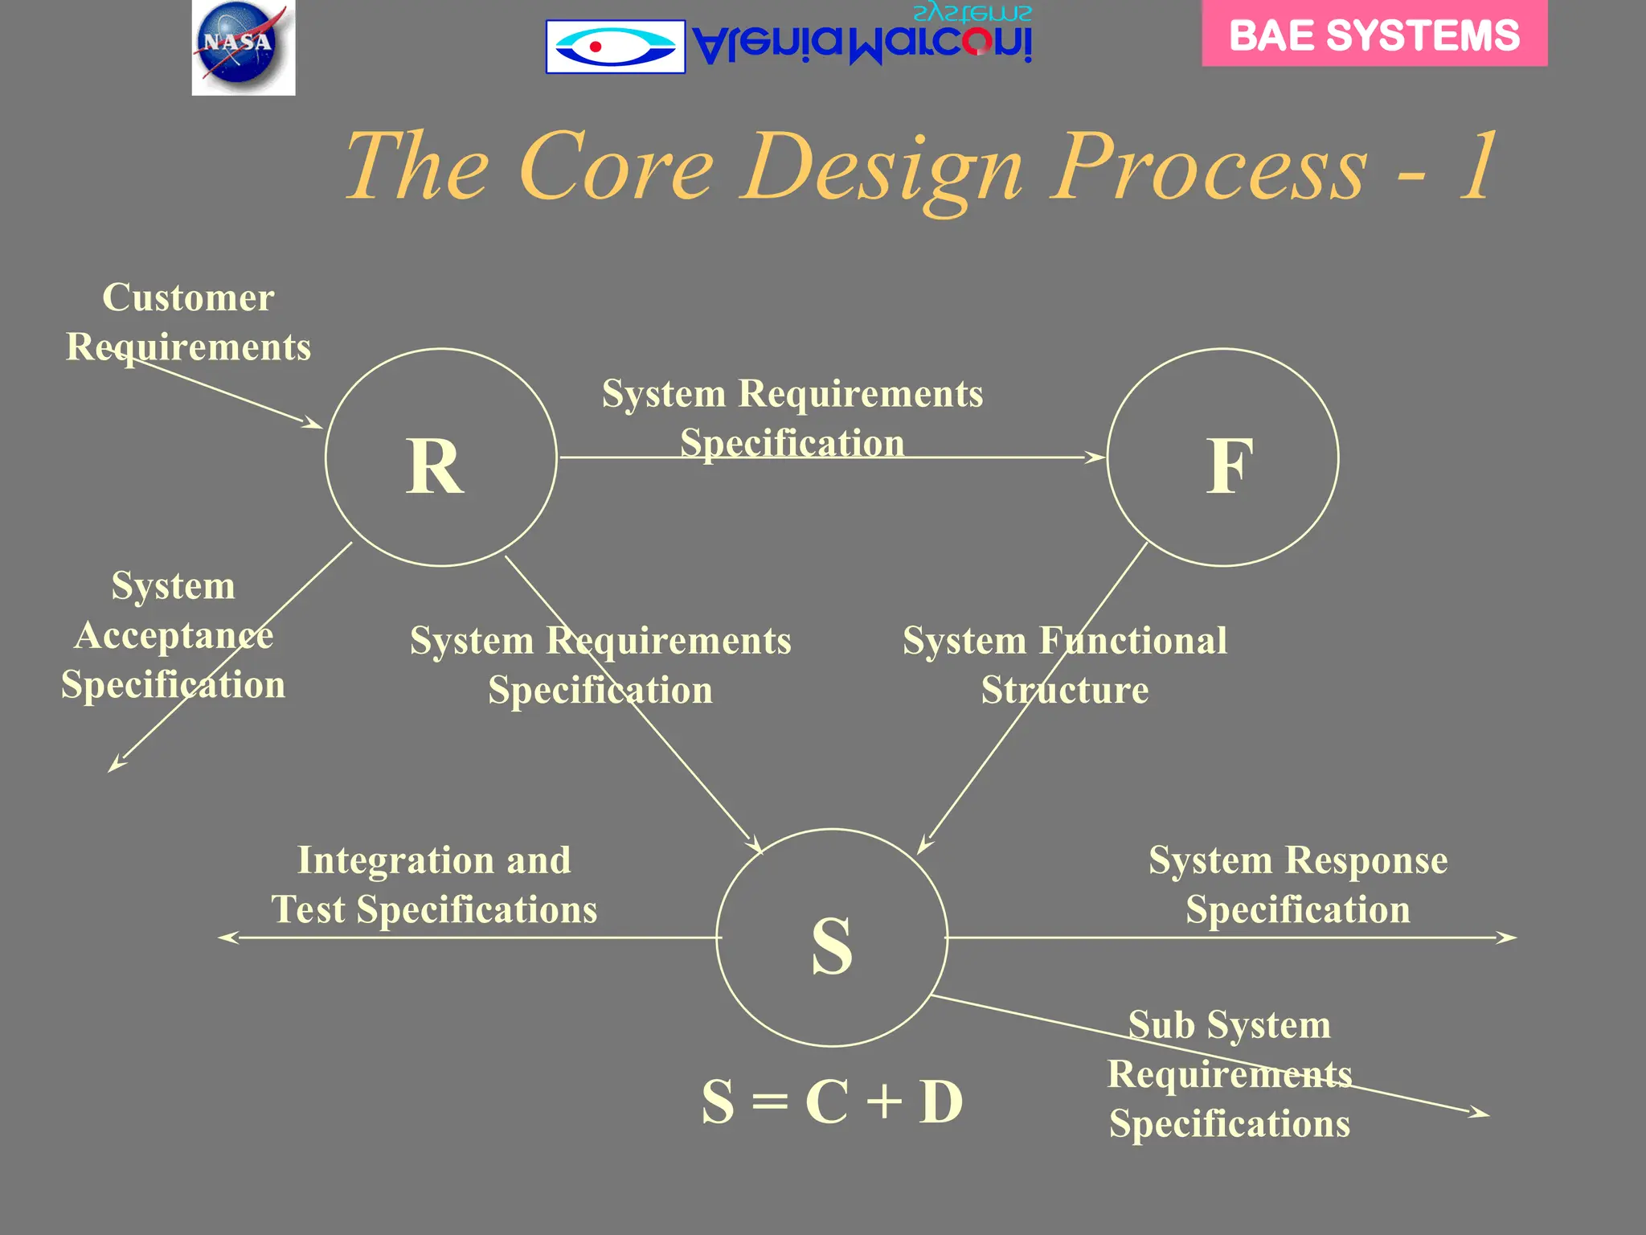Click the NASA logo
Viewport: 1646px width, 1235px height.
[243, 47]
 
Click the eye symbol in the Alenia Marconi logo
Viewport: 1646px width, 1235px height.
[615, 47]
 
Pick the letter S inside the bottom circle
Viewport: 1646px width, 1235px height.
[832, 946]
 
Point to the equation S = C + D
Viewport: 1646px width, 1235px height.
[832, 1102]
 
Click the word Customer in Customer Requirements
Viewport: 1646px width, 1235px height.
[188, 297]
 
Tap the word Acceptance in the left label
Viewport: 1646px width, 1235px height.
[174, 636]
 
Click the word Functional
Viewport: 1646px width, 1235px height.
[1132, 642]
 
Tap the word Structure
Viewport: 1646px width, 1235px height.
[1064, 691]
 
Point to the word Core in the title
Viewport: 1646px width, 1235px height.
[616, 166]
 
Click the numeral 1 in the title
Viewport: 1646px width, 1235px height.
[1477, 166]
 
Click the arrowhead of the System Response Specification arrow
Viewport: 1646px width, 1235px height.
[1508, 938]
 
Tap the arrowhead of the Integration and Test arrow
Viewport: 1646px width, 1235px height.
[227, 938]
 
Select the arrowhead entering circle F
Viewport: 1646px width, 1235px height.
[1096, 457]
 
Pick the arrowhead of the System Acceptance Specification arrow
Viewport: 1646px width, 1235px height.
[116, 765]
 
